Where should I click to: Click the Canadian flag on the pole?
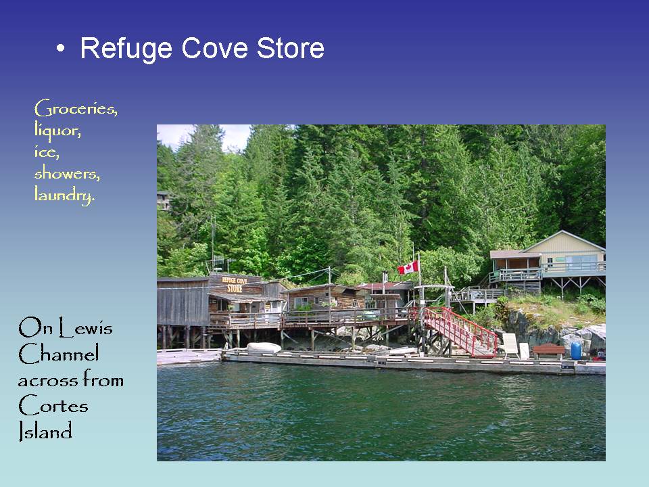(408, 268)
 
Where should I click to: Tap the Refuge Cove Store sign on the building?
(235, 284)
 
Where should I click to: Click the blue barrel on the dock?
(576, 351)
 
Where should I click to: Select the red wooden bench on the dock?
(548, 351)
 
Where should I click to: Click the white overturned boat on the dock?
(263, 347)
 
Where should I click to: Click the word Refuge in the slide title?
(126, 49)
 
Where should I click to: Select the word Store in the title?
(289, 49)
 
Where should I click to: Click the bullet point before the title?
(62, 49)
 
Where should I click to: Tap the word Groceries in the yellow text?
(75, 108)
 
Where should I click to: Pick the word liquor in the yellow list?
(57, 130)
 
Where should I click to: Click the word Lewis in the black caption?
(86, 329)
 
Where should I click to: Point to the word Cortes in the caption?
(53, 406)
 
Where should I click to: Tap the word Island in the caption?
(45, 432)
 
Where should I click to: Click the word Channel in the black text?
(58, 354)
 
